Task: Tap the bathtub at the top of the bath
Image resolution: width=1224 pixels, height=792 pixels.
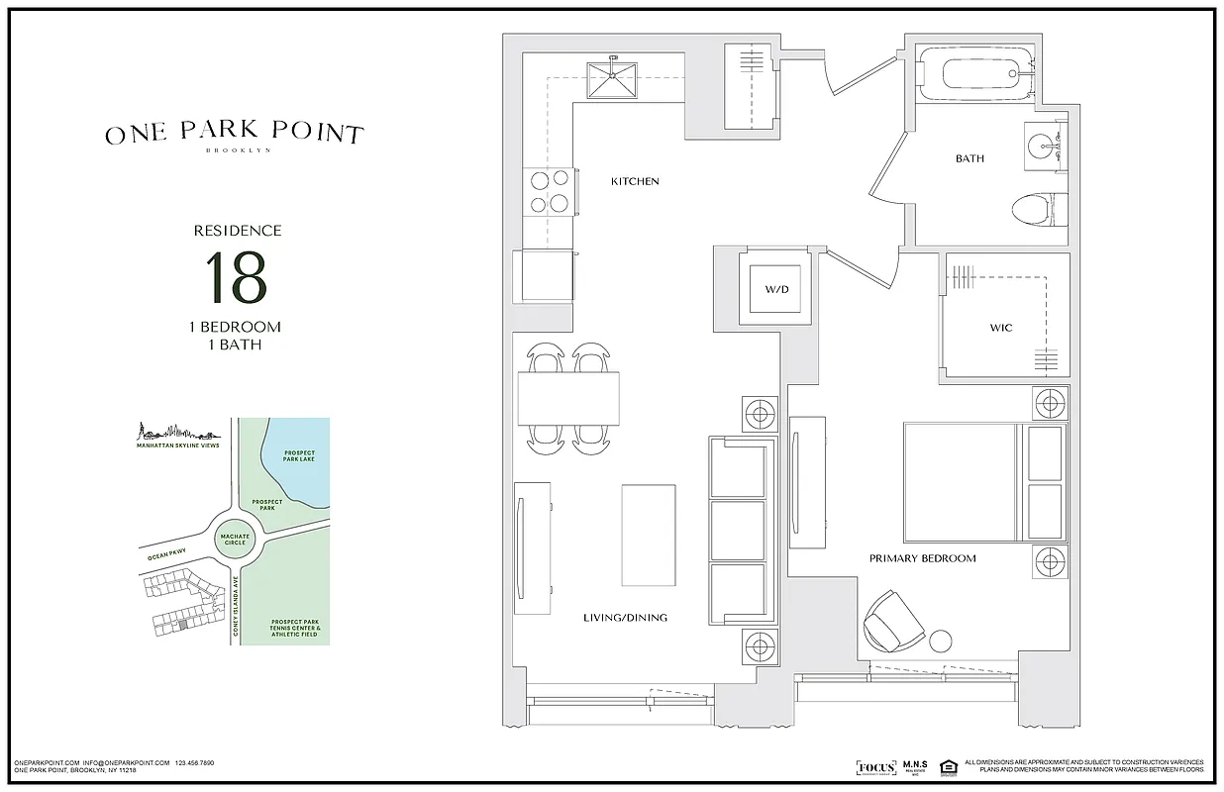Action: pyautogui.click(x=978, y=74)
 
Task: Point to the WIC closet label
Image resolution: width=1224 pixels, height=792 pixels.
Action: pyautogui.click(x=1000, y=328)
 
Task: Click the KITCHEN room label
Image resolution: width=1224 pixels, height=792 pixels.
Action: pyautogui.click(x=635, y=181)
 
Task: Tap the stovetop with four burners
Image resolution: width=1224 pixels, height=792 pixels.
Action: pyautogui.click(x=549, y=192)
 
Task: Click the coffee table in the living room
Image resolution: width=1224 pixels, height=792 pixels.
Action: pyautogui.click(x=649, y=535)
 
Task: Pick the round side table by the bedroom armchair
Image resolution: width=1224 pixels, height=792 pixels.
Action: pyautogui.click(x=940, y=641)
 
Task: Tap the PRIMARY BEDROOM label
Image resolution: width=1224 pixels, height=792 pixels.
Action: pyautogui.click(x=922, y=558)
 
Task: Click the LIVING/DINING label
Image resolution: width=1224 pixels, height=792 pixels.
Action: pyautogui.click(x=625, y=618)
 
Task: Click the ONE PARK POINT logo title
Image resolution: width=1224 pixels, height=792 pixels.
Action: pyautogui.click(x=235, y=135)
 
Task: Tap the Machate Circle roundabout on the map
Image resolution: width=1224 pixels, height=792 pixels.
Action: pyautogui.click(x=236, y=540)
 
